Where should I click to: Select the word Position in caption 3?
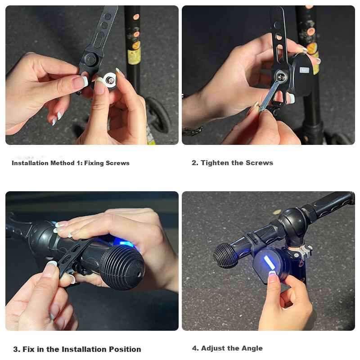(x=125, y=349)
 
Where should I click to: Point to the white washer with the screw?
(x=110, y=80)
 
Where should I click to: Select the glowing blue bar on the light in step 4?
(x=269, y=262)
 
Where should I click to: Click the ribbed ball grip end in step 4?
(x=226, y=256)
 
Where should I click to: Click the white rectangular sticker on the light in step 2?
(x=304, y=70)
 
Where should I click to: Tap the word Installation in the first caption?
(x=30, y=163)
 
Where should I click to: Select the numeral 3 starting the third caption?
(x=16, y=350)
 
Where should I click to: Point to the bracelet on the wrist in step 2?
(x=193, y=131)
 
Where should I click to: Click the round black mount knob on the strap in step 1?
(x=91, y=59)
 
